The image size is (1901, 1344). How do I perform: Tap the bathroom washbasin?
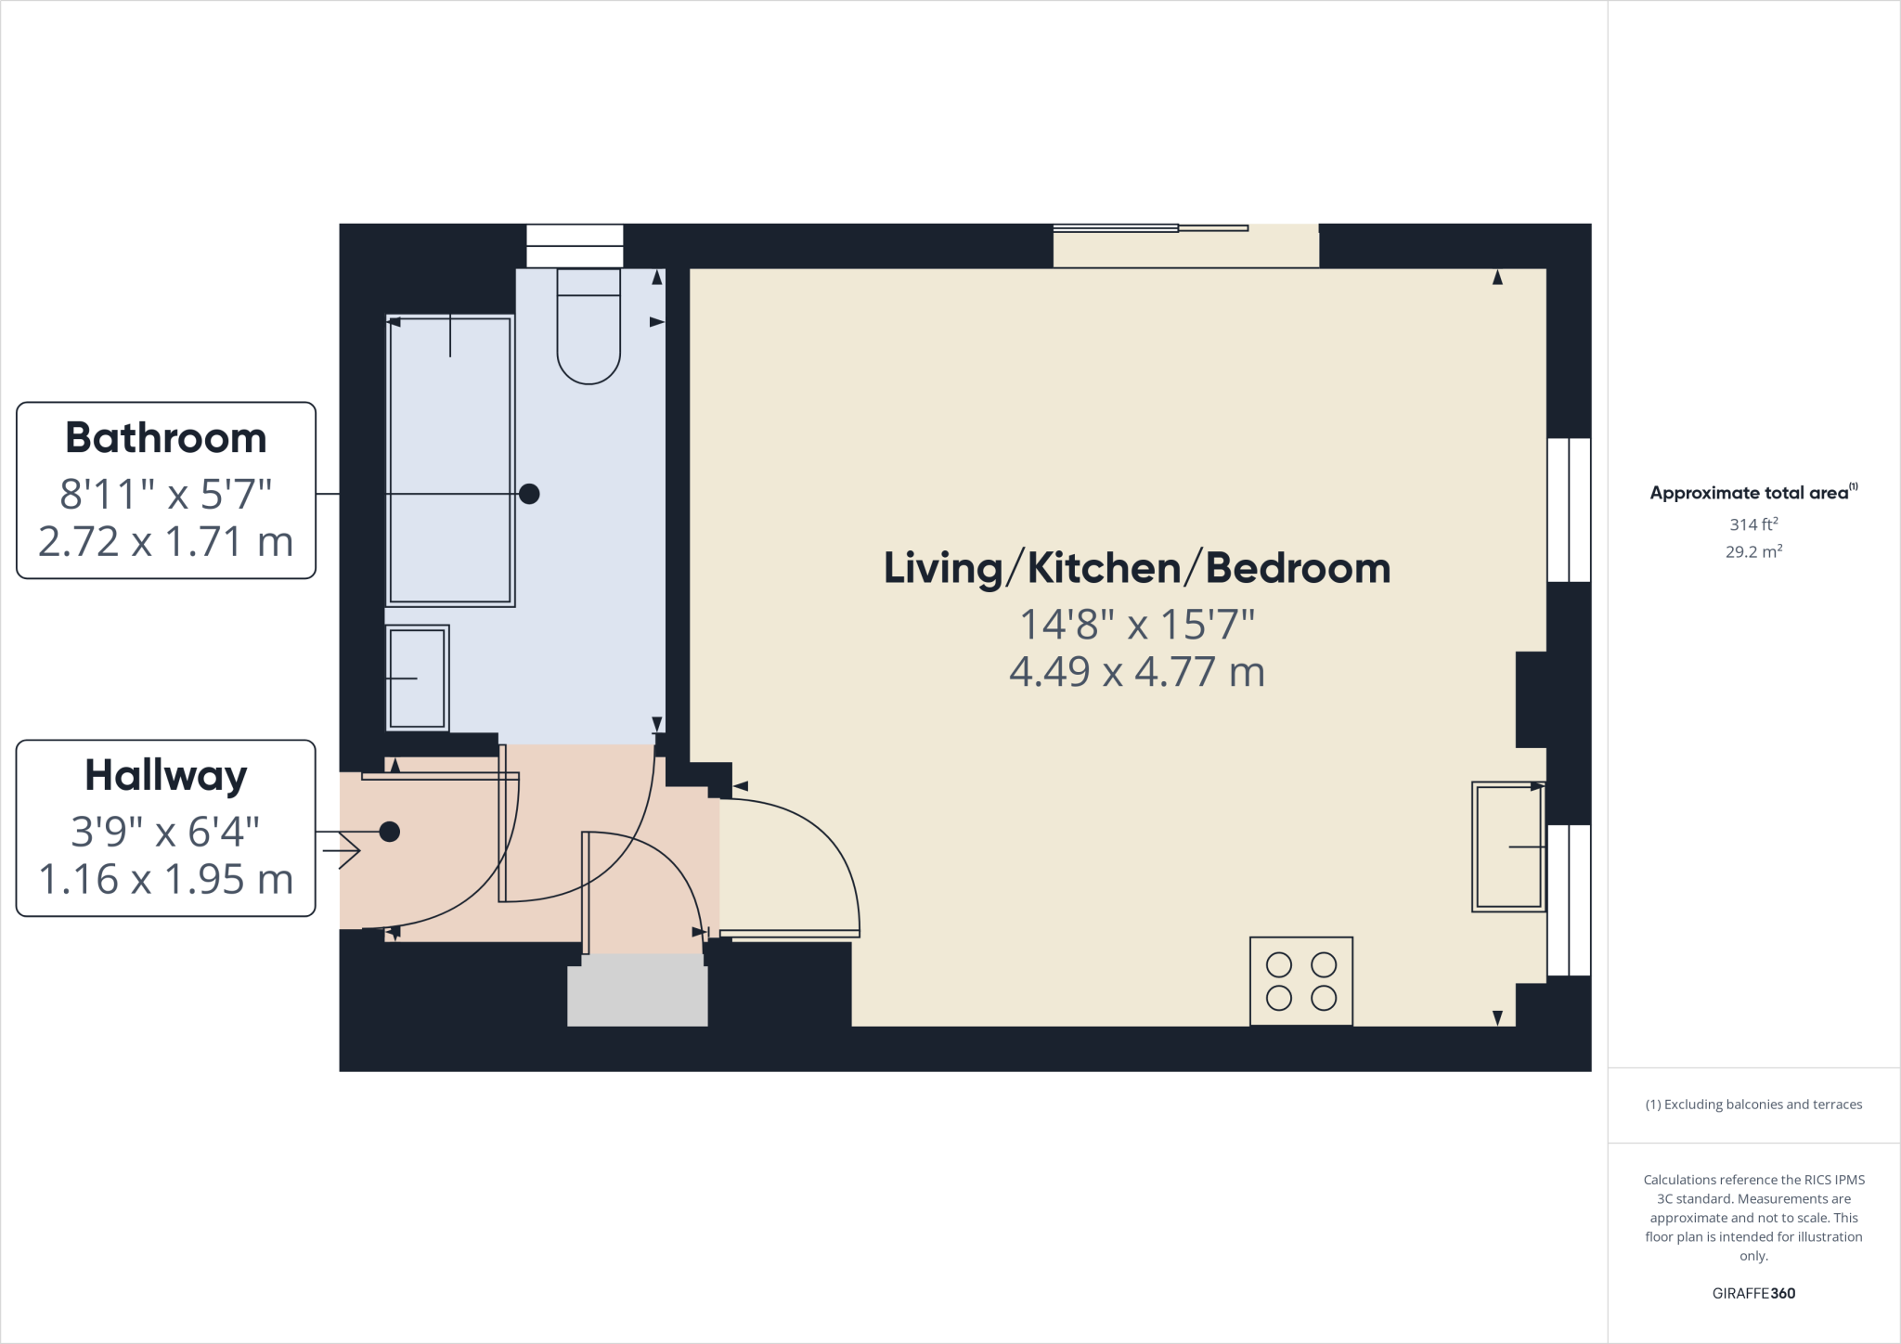coord(418,678)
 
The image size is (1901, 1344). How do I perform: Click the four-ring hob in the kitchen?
coord(1300,981)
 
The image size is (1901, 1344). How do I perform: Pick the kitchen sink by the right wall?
coord(1507,846)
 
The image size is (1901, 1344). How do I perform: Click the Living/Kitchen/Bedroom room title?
coord(1136,568)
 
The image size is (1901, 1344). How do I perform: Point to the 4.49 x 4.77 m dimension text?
coord(1136,672)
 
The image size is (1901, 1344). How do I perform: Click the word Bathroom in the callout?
coord(166,438)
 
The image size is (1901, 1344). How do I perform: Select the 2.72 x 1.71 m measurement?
coord(166,542)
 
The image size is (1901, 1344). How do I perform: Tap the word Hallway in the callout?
coord(166,776)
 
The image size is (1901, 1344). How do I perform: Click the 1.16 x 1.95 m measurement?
coord(166,880)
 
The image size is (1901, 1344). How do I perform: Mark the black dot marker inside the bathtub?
coord(529,494)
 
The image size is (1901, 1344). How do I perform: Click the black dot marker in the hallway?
coord(390,832)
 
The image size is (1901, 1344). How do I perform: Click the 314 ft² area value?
coord(1753,524)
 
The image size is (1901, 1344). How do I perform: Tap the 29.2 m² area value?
coord(1753,551)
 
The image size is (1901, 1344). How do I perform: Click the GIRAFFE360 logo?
coord(1753,1293)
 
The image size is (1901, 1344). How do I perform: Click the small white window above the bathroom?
coord(575,246)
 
